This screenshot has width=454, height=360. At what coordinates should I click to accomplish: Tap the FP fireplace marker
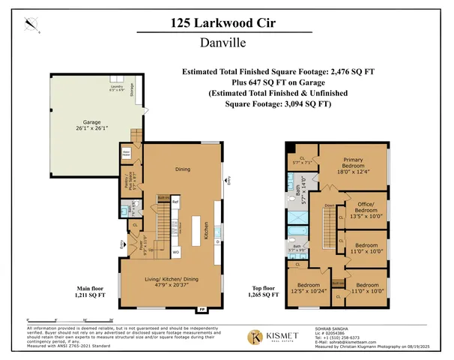pos(201,309)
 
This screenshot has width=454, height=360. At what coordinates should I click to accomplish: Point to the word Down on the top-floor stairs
pos(329,204)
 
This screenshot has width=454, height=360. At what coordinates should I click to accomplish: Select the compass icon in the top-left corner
pos(30,25)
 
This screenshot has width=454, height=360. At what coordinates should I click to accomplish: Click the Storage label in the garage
pos(133,92)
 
